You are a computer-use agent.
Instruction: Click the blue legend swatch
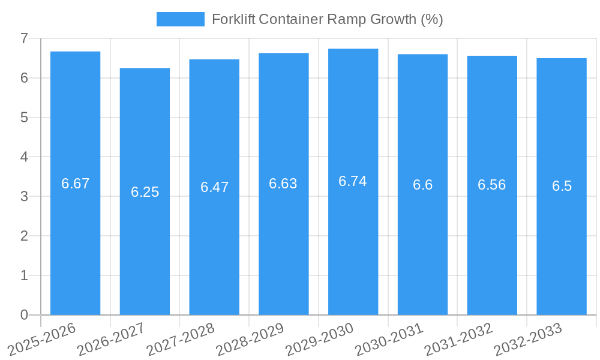coord(180,19)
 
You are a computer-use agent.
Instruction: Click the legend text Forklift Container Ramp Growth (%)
coord(327,19)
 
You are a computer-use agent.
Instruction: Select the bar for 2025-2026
coord(75,183)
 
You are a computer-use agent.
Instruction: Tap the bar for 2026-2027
coord(145,191)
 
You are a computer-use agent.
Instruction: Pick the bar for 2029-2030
coord(353,181)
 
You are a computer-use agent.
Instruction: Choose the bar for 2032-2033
coord(562,186)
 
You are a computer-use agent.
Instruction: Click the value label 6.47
coord(214,187)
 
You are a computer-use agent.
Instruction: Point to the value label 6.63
coord(283,184)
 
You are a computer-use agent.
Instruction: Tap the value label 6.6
coord(422,185)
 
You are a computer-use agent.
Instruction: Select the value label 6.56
coord(492,185)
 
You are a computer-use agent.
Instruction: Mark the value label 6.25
coord(145,192)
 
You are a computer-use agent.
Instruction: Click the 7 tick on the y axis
coord(24,38)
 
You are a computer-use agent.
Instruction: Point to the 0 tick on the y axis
coord(24,315)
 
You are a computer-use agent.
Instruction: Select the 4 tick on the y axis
coord(24,157)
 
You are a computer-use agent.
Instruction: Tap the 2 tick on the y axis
coord(24,236)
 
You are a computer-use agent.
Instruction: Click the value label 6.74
coord(353,181)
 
